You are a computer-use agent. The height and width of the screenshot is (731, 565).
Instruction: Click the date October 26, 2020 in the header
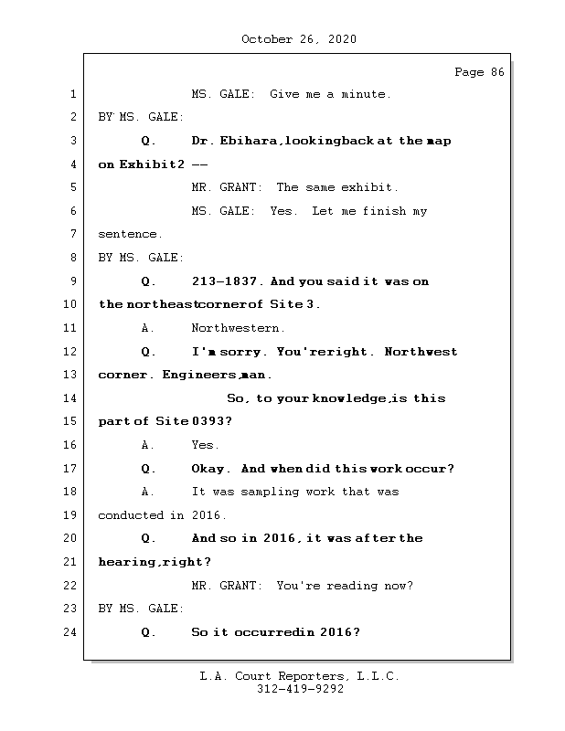pyautogui.click(x=299, y=39)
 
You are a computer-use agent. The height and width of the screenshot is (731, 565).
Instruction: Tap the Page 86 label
pyautogui.click(x=479, y=72)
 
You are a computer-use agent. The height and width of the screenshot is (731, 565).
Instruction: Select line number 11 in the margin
pyautogui.click(x=72, y=328)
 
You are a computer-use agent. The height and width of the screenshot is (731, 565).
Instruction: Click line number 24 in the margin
pyautogui.click(x=72, y=632)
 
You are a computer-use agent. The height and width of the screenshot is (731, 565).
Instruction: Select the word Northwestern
pyautogui.click(x=238, y=328)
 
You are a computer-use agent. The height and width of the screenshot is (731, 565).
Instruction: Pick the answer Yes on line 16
pyautogui.click(x=205, y=445)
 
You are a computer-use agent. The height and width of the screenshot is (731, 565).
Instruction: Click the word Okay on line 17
pyautogui.click(x=209, y=469)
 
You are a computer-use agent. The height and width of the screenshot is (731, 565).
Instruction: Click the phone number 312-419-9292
pyautogui.click(x=300, y=690)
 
